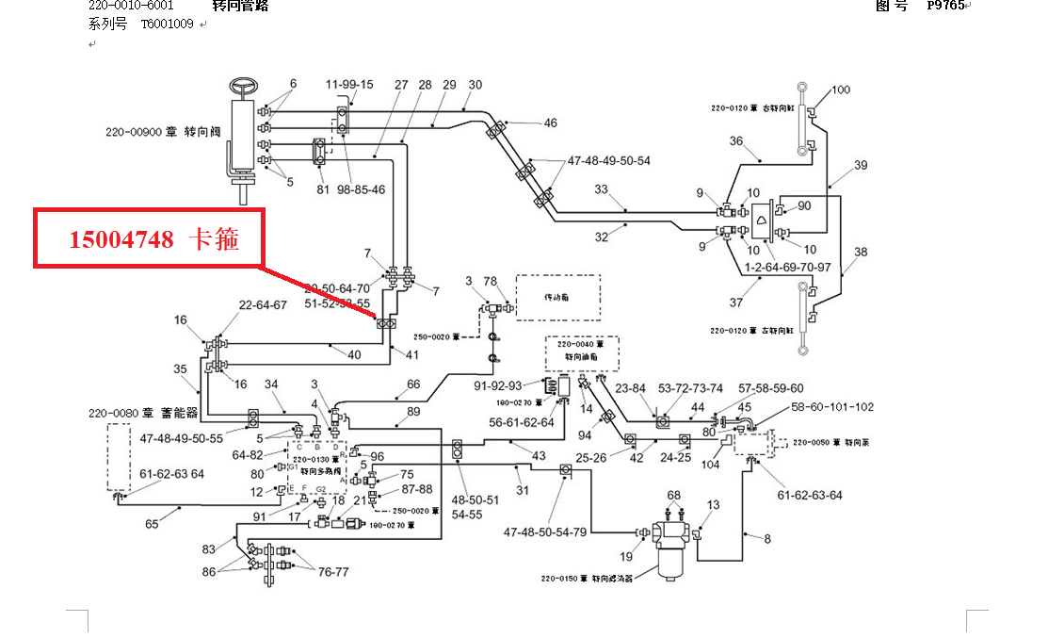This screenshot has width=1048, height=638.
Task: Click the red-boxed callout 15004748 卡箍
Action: [149, 239]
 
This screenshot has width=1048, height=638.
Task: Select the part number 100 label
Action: [841, 90]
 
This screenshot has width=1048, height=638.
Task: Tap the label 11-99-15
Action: [349, 85]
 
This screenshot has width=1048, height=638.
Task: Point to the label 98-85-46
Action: [362, 190]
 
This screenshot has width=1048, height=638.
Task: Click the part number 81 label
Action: [323, 190]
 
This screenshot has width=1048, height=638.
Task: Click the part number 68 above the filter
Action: [674, 496]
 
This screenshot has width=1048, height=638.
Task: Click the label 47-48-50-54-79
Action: [544, 532]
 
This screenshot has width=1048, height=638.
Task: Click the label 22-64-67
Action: [262, 305]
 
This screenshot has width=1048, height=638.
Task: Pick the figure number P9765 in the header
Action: [944, 5]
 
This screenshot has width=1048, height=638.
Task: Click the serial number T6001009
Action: [167, 25]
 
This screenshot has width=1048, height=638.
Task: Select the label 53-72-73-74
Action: [690, 388]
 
